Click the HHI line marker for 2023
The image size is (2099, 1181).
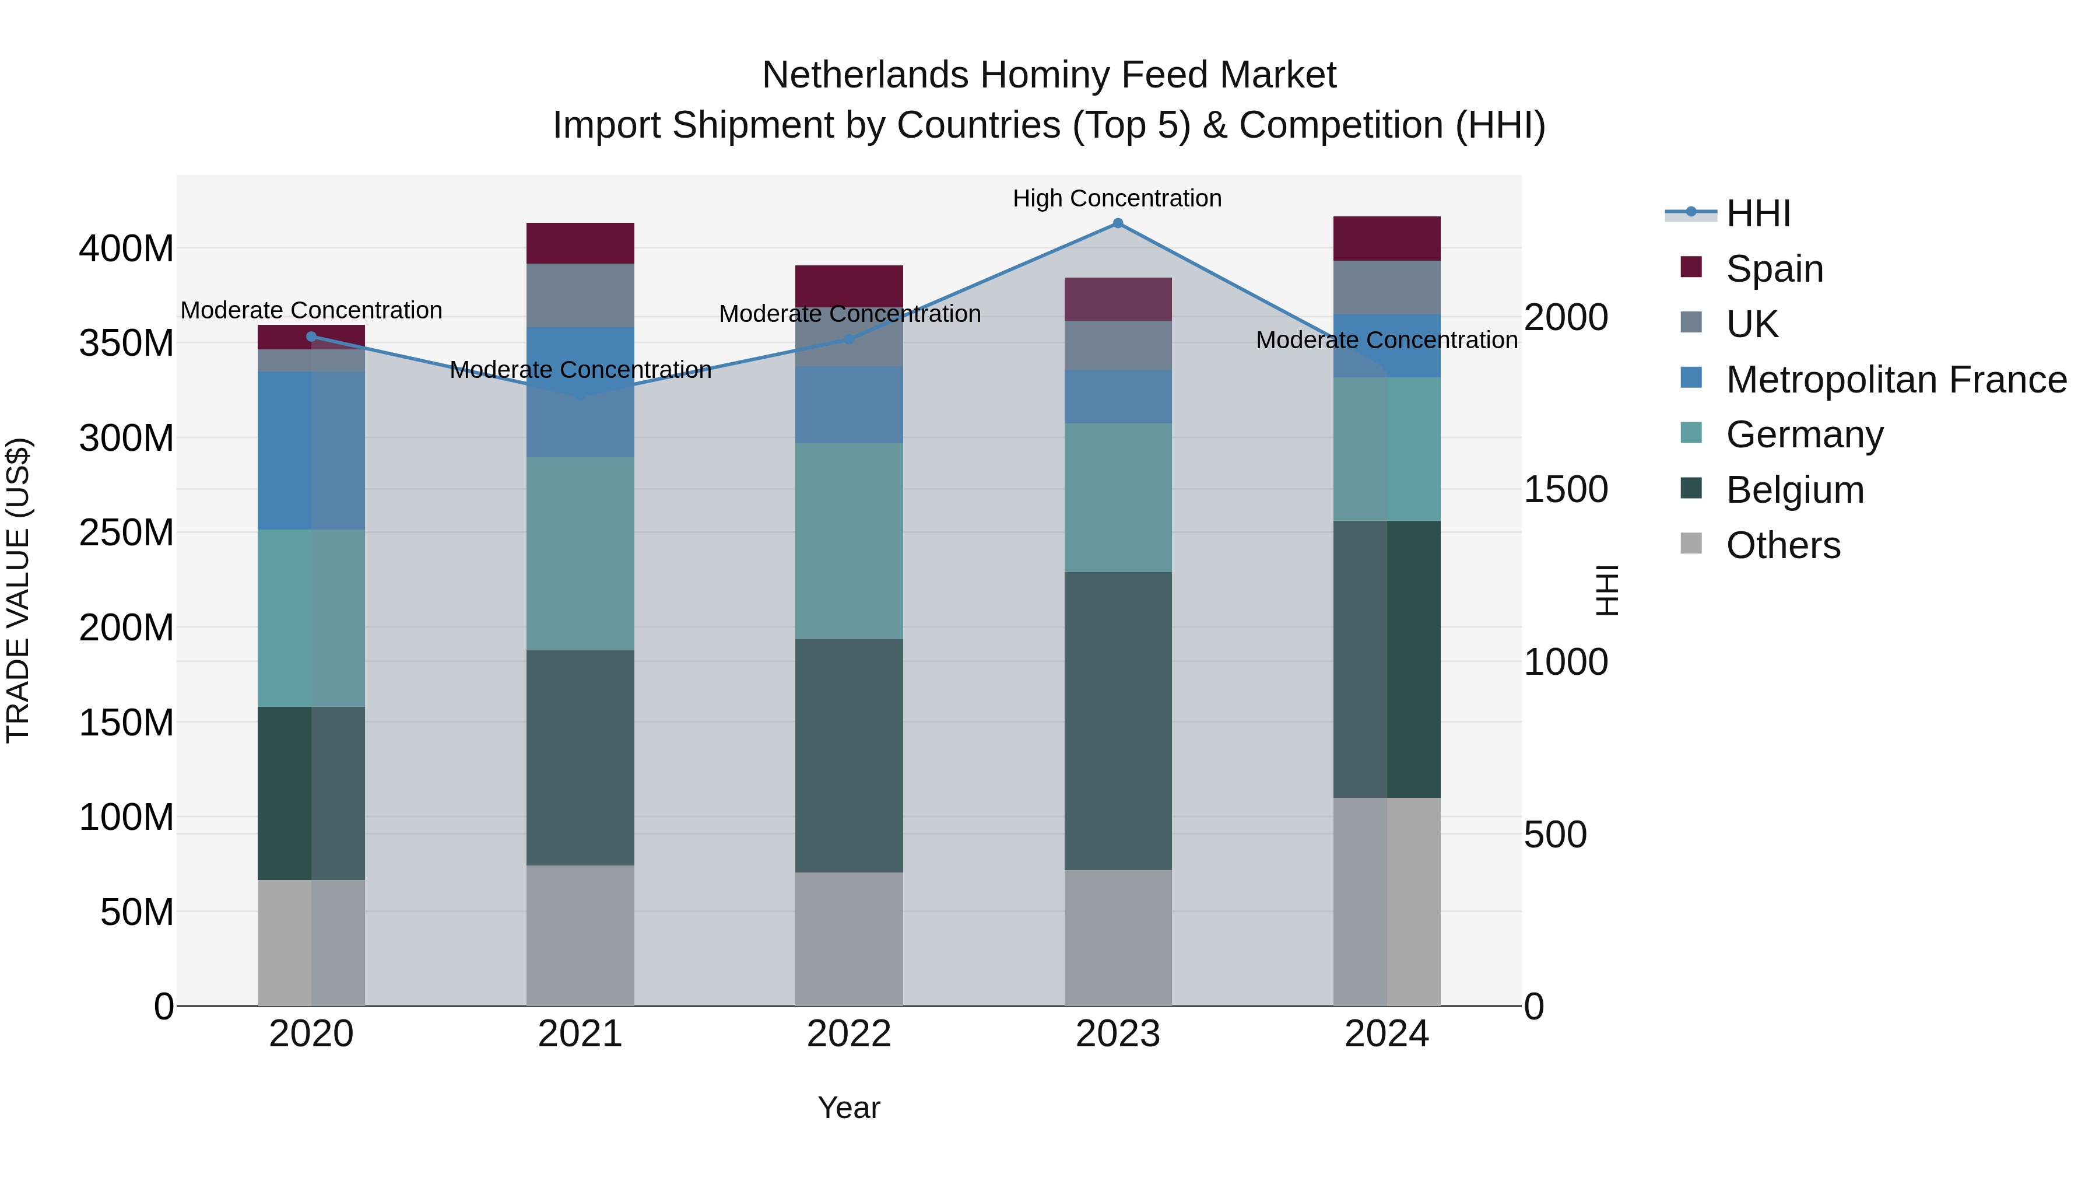click(x=1117, y=223)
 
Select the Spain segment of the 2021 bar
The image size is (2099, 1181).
click(x=580, y=243)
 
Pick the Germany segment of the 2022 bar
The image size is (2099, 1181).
click(x=848, y=541)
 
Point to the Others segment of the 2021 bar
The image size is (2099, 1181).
click(x=580, y=935)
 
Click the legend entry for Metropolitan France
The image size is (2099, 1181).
click(x=1896, y=380)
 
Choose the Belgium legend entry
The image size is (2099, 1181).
click(x=1794, y=490)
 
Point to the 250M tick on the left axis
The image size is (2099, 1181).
click(x=127, y=533)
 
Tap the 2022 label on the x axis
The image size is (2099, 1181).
click(x=848, y=1034)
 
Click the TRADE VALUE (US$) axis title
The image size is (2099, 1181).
click(x=18, y=590)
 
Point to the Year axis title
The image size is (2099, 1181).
click(x=848, y=1108)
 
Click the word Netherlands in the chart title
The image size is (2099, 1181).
click(x=865, y=75)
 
